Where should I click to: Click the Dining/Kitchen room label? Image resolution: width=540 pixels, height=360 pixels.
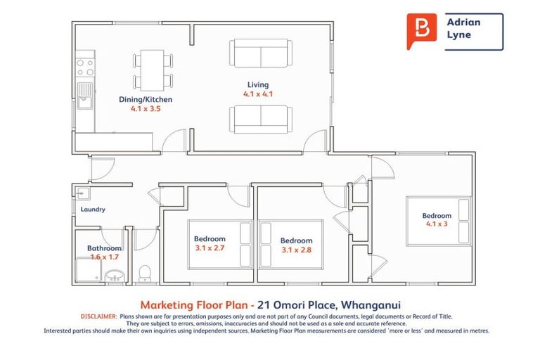point(146,100)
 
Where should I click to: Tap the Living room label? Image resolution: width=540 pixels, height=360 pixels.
point(258,84)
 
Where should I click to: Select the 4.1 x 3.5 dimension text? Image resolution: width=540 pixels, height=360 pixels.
point(146,109)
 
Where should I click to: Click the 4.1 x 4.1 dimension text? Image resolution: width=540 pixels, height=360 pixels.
point(258,94)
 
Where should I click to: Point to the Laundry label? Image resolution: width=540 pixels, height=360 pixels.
point(93,210)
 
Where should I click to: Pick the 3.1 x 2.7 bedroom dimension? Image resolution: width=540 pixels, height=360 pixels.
point(210,247)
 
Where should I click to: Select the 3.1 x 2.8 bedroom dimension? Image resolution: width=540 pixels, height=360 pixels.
point(296,250)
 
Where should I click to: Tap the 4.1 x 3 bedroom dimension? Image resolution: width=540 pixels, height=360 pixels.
point(437,225)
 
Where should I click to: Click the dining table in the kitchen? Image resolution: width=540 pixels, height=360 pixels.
point(153,68)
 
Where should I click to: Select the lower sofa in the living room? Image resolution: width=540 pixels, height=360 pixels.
point(260,119)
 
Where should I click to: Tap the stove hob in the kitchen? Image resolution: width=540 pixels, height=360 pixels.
point(85,67)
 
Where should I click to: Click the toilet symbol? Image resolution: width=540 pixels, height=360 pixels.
point(146,271)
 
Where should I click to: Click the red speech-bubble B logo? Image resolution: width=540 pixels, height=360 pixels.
point(421,30)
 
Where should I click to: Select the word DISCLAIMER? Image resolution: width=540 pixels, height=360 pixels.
point(98,317)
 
